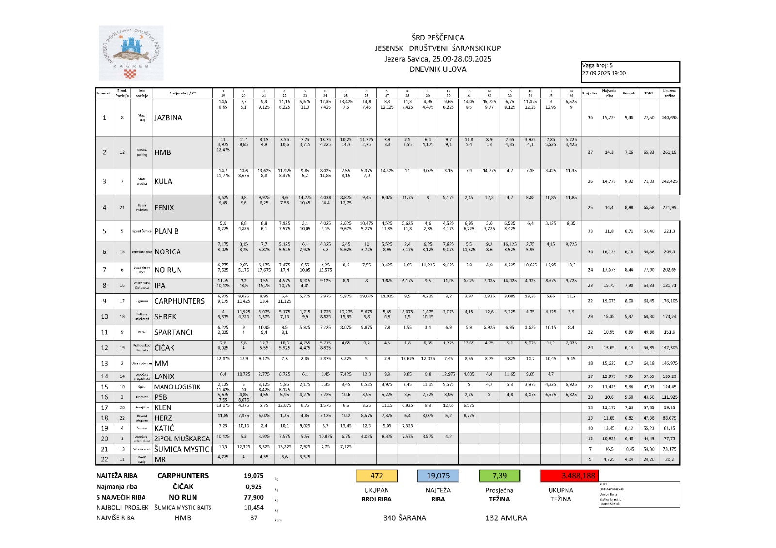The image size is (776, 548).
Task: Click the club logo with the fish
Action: [131, 53]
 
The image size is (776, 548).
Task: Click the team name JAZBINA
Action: [168, 118]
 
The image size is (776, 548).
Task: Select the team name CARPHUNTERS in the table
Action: [179, 301]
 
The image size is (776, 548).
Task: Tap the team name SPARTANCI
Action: [173, 332]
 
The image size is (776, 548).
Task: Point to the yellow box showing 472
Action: [376, 476]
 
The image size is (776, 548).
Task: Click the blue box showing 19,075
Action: [438, 476]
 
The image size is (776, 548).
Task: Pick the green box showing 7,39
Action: [499, 476]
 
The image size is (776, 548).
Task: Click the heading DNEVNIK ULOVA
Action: [438, 69]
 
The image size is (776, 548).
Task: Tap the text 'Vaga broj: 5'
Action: [598, 65]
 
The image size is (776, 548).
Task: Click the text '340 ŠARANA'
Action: [404, 518]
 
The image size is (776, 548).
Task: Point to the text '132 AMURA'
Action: [506, 518]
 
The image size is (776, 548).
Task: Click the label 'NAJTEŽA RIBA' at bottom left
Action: [117, 476]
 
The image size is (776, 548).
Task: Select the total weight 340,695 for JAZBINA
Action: [669, 118]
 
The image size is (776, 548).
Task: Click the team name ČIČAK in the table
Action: [164, 348]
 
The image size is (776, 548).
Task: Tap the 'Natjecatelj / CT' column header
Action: [183, 93]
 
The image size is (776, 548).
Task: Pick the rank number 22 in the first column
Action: [104, 459]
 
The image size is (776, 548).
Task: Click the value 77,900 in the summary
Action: [254, 497]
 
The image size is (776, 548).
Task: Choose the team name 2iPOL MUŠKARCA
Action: [182, 438]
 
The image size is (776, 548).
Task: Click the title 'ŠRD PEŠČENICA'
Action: [438, 38]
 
